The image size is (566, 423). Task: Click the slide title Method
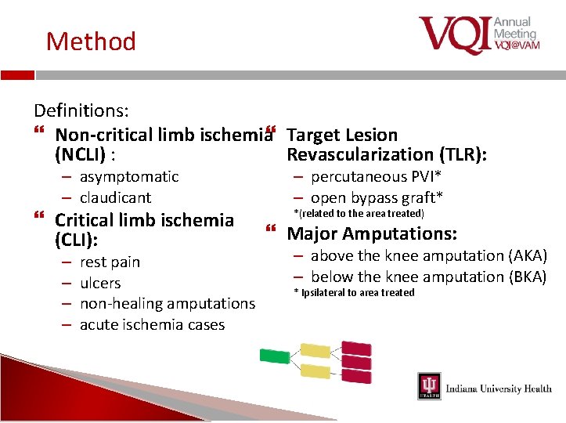(91, 41)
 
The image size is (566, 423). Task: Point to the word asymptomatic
(129, 177)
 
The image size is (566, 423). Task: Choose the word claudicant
(115, 198)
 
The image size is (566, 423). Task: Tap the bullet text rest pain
(110, 262)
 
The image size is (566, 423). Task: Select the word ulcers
(100, 284)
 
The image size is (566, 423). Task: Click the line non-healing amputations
(168, 304)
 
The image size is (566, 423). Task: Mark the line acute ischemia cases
(152, 325)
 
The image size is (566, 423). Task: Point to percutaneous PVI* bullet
(377, 177)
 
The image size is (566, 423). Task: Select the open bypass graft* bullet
(377, 198)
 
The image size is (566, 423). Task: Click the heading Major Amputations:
(372, 233)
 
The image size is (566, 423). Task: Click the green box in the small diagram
(274, 356)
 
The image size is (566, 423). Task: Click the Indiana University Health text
(498, 389)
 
